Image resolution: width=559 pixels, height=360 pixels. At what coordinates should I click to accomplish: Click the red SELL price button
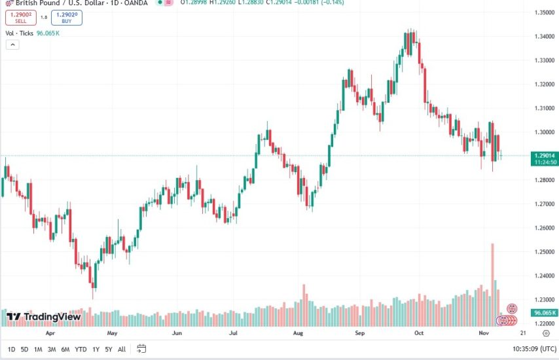pyautogui.click(x=21, y=18)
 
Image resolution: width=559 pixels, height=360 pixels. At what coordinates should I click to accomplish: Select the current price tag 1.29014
pyautogui.click(x=545, y=156)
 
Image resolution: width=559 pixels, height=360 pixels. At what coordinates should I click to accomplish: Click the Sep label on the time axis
pyautogui.click(x=359, y=333)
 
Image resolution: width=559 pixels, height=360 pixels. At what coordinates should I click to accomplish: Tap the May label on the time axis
pyautogui.click(x=112, y=333)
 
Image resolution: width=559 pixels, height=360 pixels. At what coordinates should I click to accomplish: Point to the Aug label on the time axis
pyautogui.click(x=298, y=333)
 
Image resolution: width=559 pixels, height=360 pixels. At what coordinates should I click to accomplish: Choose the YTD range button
pyautogui.click(x=81, y=350)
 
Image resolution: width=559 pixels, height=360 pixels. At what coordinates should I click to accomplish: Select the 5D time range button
pyautogui.click(x=24, y=350)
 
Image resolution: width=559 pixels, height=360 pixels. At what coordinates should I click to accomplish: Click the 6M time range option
pyautogui.click(x=65, y=350)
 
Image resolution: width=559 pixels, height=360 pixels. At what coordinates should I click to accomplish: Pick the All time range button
pyautogui.click(x=122, y=350)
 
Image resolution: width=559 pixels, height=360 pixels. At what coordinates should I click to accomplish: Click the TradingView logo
pyautogui.click(x=44, y=317)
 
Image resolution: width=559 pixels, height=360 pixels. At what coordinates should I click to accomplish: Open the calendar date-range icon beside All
pyautogui.click(x=142, y=350)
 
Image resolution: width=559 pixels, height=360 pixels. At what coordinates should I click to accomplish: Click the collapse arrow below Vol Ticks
pyautogui.click(x=12, y=45)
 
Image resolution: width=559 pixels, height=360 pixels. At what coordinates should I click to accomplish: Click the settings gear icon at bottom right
pyautogui.click(x=546, y=333)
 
